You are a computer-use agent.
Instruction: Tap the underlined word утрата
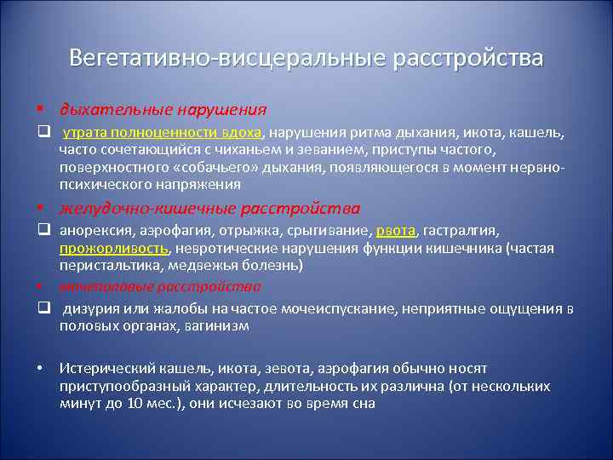pyautogui.click(x=83, y=133)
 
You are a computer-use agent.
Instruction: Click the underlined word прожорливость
pyautogui.click(x=114, y=248)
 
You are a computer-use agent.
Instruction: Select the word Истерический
pyautogui.click(x=101, y=369)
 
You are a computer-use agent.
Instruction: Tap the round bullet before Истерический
pyautogui.click(x=40, y=369)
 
